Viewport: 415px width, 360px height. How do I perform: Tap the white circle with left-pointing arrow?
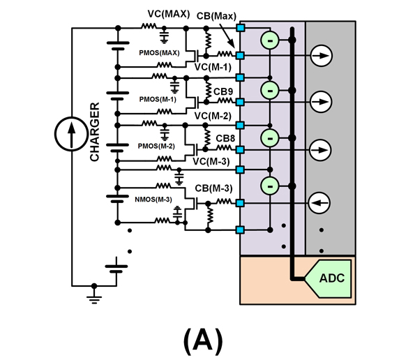pyautogui.click(x=318, y=203)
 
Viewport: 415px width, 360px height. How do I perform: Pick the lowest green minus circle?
pyautogui.click(x=269, y=186)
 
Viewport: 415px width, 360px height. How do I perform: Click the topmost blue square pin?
pyautogui.click(x=241, y=28)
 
